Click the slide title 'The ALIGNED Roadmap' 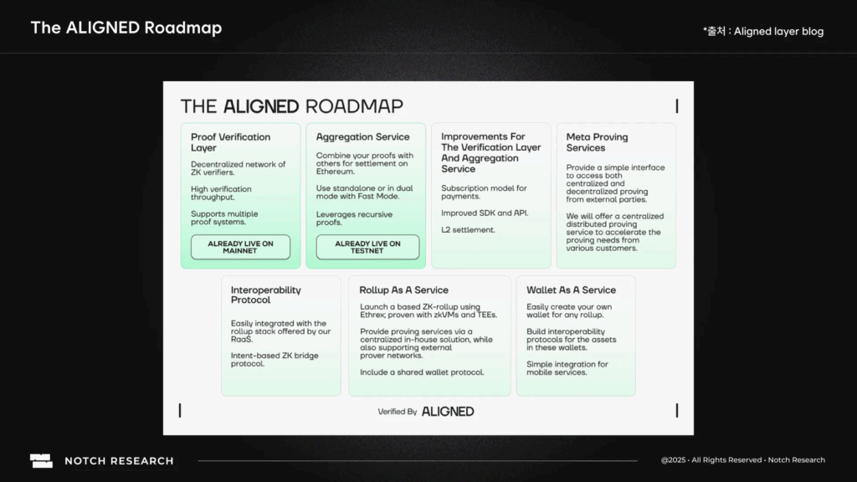(x=126, y=28)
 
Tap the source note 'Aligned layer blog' (x=778, y=32)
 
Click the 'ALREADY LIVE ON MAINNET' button (x=240, y=247)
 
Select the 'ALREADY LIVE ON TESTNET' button (x=367, y=247)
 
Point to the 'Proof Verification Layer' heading (x=230, y=142)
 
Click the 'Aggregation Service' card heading (x=362, y=137)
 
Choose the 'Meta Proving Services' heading (x=597, y=142)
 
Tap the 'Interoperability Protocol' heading (x=266, y=295)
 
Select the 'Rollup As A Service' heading (x=403, y=290)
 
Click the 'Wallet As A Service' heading (x=571, y=290)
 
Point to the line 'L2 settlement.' (x=468, y=229)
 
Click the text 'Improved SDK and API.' (x=485, y=213)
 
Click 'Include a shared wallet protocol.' (x=422, y=372)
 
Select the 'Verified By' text (x=398, y=412)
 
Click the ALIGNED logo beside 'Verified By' (x=448, y=412)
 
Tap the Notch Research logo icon (x=41, y=460)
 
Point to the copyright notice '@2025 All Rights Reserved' (x=711, y=460)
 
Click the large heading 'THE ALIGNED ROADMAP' (x=291, y=106)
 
